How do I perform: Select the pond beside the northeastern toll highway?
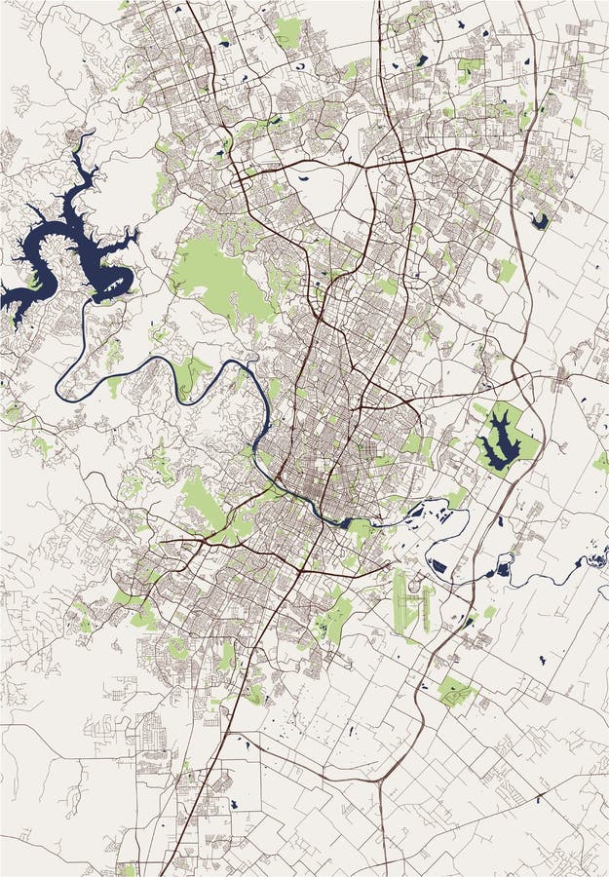(x=539, y=221)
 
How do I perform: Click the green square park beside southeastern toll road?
(x=455, y=691)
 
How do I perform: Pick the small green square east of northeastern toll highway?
(x=505, y=271)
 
